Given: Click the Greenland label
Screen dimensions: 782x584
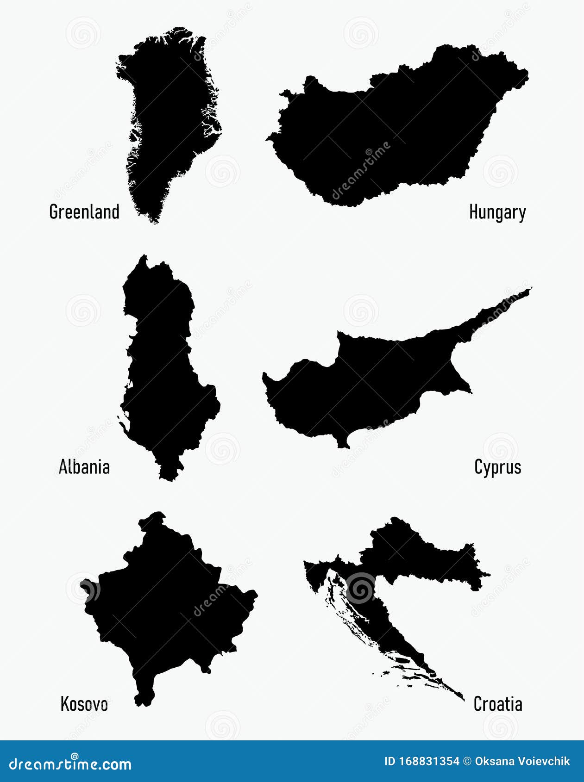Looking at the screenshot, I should coord(84,212).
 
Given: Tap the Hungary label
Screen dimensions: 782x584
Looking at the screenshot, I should coord(497,212).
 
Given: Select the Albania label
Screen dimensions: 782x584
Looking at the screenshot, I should coord(84,467).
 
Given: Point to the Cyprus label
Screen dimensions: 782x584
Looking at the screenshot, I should coord(498,467).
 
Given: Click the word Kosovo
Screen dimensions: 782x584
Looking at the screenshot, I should coord(84,704).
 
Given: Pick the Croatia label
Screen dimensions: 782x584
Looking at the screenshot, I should coord(498,704).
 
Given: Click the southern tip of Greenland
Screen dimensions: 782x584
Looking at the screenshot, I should coord(154,219).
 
